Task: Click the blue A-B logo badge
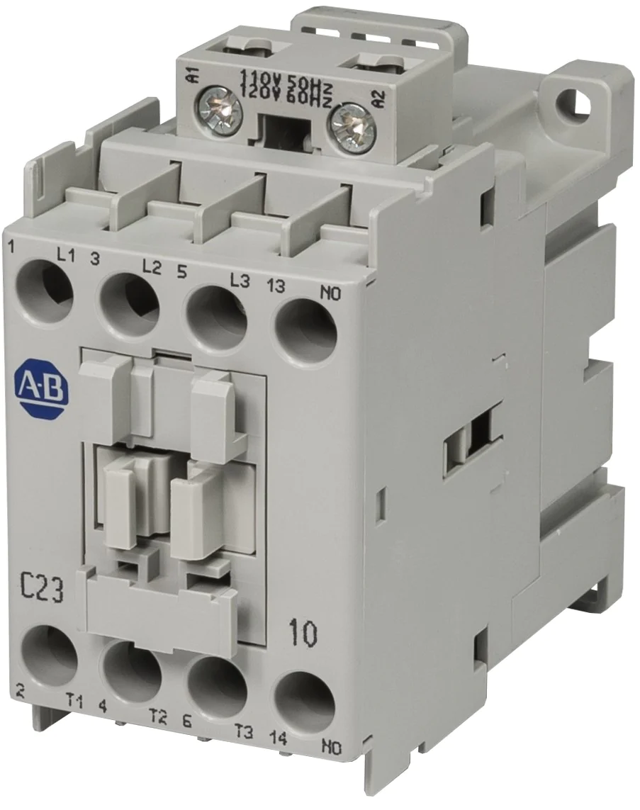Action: tap(42, 385)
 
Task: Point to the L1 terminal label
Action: tap(66, 257)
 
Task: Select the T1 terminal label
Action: tap(74, 702)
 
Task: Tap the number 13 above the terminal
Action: tap(276, 285)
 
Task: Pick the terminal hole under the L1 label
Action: tap(45, 288)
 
